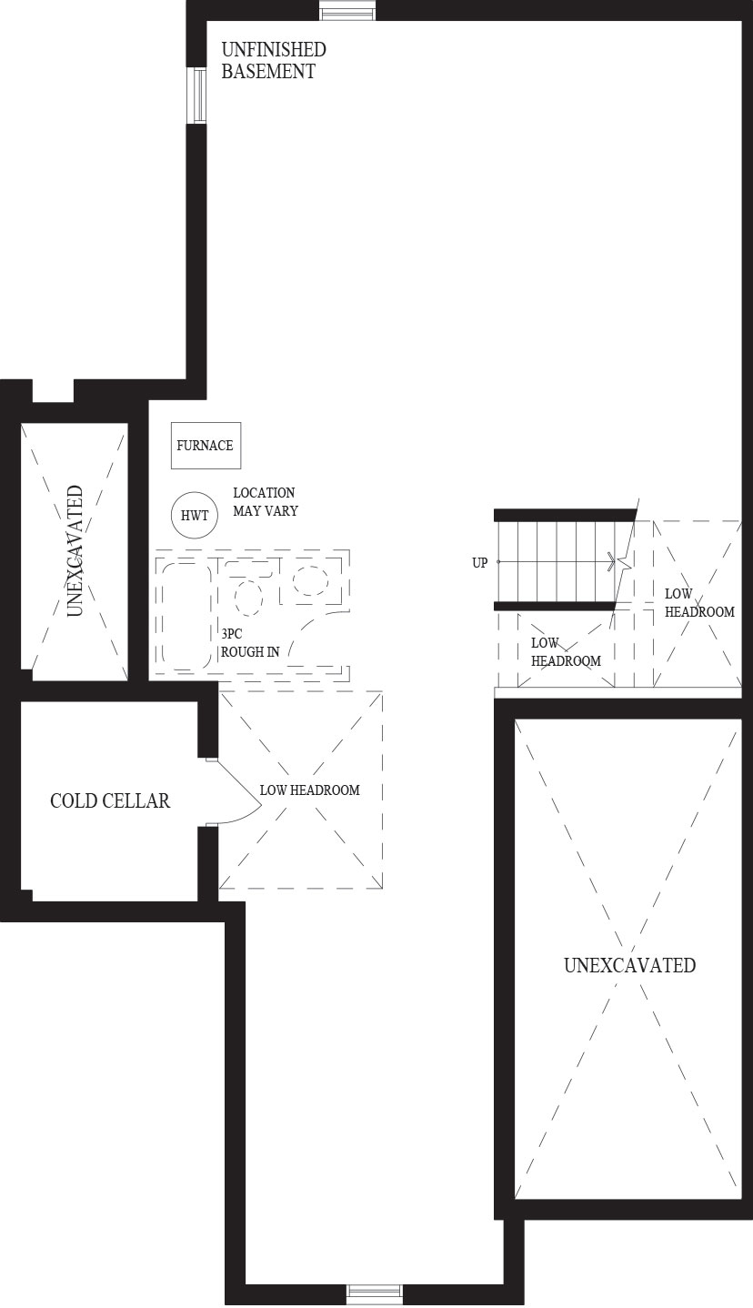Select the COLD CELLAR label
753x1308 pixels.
(110, 800)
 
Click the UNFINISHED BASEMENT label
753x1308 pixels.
(273, 60)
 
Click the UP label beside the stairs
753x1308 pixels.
(480, 563)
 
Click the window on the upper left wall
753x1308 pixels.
(199, 96)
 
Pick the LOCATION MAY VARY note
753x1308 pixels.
(266, 501)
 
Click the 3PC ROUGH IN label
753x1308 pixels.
(250, 643)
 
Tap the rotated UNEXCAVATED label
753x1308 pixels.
(75, 551)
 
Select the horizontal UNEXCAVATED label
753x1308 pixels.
(630, 965)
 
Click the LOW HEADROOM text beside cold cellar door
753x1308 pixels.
(310, 790)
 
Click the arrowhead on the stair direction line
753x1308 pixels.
(610, 562)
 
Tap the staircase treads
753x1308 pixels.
(555, 562)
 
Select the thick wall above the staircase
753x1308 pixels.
(565, 515)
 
